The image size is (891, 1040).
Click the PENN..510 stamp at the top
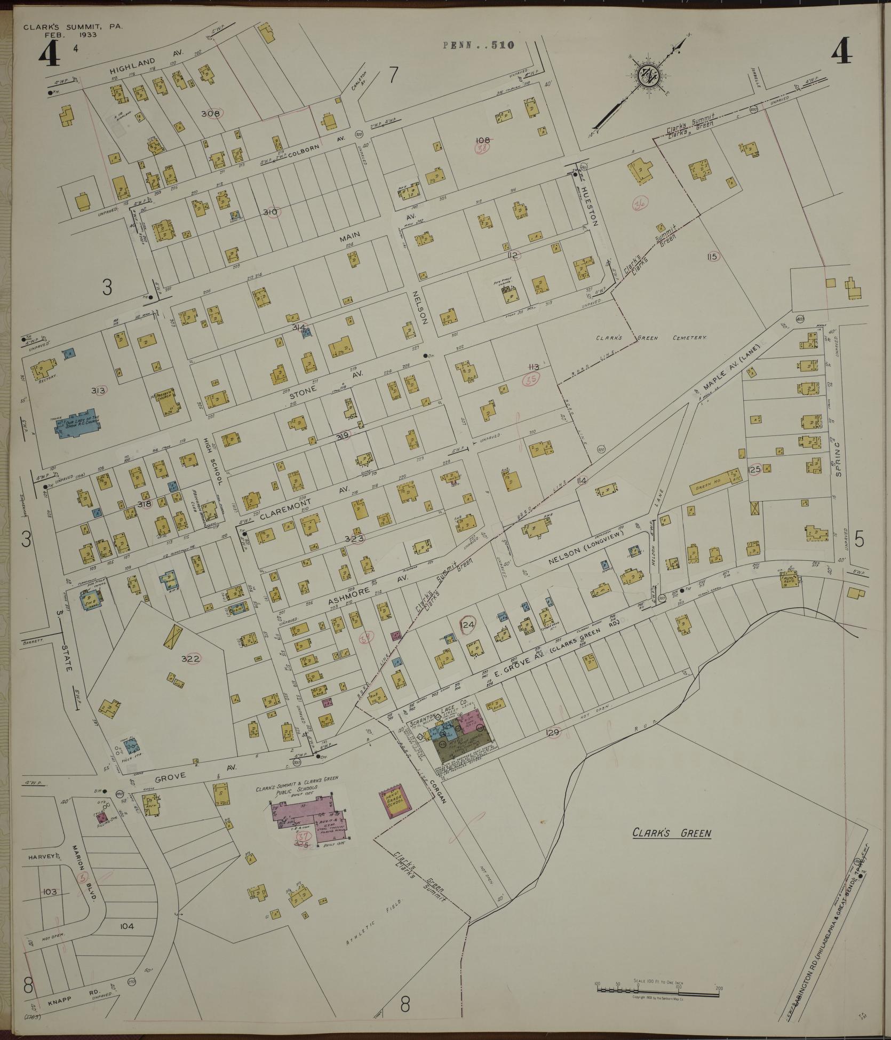click(478, 45)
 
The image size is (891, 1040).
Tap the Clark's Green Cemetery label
click(652, 338)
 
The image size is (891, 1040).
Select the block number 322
click(190, 658)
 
